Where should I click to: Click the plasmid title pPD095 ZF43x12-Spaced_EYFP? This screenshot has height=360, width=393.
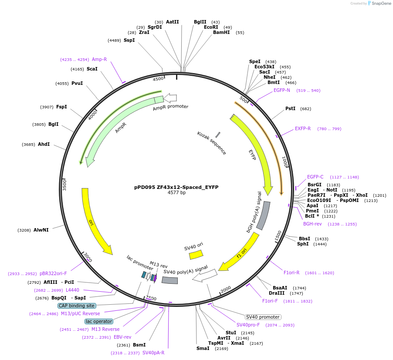click(176, 187)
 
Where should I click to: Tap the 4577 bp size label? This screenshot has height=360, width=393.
click(176, 192)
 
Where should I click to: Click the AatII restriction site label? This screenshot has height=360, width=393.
click(172, 22)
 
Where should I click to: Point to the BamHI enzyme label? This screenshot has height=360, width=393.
click(221, 32)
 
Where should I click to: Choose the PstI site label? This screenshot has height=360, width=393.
click(290, 108)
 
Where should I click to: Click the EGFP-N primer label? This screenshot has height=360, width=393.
click(282, 91)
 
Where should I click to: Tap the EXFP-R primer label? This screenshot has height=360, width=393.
click(303, 128)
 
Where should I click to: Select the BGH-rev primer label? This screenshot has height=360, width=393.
click(312, 224)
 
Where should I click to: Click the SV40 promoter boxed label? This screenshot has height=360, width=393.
click(263, 317)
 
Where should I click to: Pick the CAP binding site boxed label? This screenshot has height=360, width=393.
click(76, 306)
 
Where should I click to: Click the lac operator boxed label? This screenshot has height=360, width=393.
click(99, 321)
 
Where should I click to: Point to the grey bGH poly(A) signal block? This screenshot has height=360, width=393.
click(264, 215)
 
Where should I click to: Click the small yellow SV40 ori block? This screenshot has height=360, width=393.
click(196, 255)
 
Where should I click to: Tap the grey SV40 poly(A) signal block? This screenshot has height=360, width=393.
click(169, 280)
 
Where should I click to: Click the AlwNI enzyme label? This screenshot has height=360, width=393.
click(41, 230)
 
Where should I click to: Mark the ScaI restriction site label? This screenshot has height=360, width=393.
click(92, 69)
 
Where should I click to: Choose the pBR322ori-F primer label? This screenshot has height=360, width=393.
click(53, 274)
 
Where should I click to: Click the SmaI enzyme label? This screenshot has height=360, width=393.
click(203, 348)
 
